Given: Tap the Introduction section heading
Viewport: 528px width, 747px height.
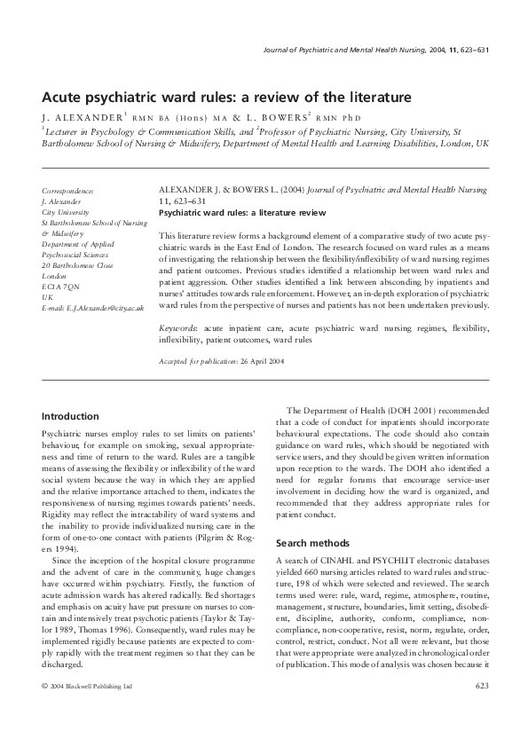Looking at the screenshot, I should point(72,416).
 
